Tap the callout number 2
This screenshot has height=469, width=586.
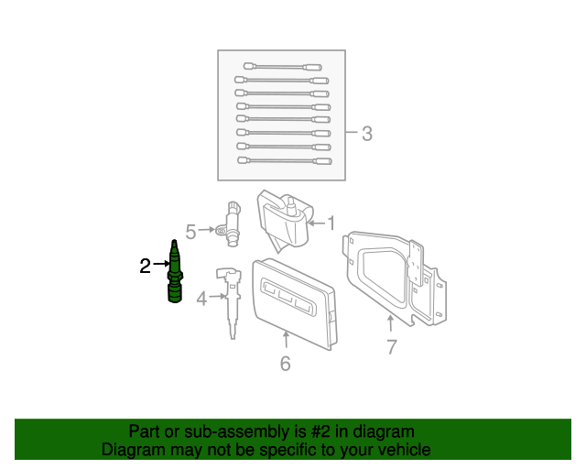click(x=145, y=267)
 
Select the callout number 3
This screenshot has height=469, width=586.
click(x=366, y=134)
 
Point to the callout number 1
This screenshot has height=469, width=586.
click(x=331, y=223)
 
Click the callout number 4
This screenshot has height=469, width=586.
click(x=201, y=297)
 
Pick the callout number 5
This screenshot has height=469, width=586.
click(x=190, y=230)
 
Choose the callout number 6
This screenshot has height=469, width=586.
click(x=285, y=364)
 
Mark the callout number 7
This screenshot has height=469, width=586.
click(x=391, y=347)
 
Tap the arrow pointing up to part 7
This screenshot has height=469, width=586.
click(x=391, y=322)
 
